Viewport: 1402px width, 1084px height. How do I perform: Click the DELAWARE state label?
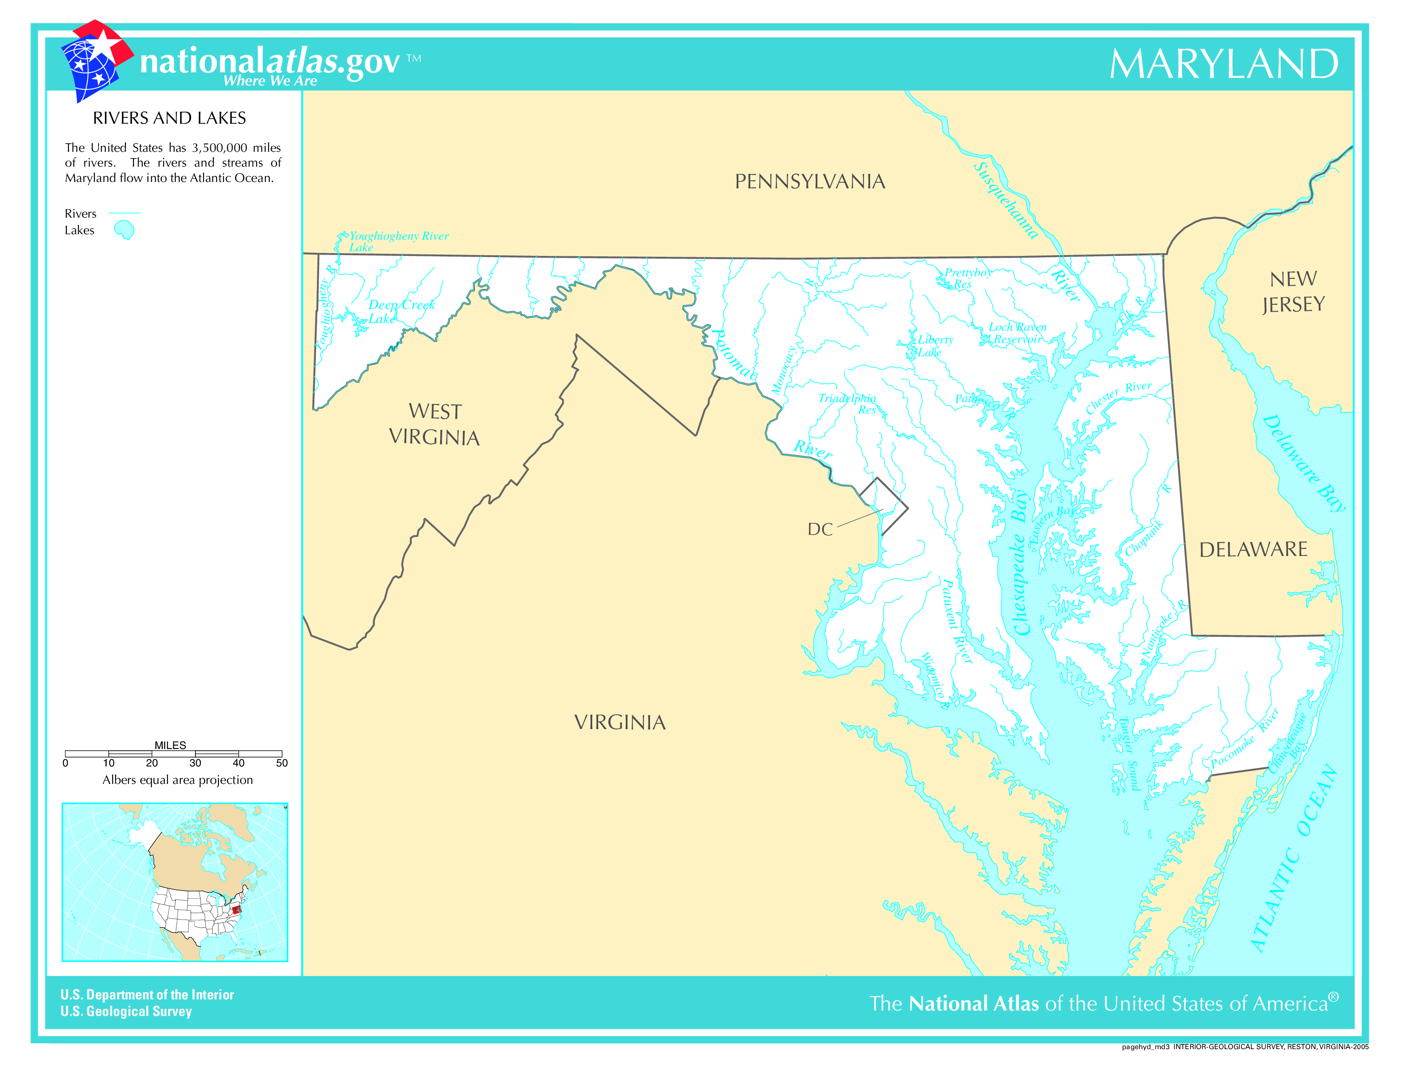(1253, 550)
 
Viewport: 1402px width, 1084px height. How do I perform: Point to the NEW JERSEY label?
(1293, 292)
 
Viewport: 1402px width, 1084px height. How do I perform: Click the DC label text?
(820, 530)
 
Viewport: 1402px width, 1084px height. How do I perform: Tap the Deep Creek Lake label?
(401, 312)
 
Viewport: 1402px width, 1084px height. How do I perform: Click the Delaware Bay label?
(1303, 463)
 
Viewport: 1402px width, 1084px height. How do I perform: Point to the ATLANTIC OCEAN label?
(1294, 858)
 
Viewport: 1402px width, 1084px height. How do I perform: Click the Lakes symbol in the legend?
(124, 230)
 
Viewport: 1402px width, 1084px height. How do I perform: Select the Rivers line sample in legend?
(124, 213)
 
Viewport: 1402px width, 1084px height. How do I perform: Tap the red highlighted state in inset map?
(236, 909)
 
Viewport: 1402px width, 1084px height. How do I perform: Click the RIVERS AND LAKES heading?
(170, 118)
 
